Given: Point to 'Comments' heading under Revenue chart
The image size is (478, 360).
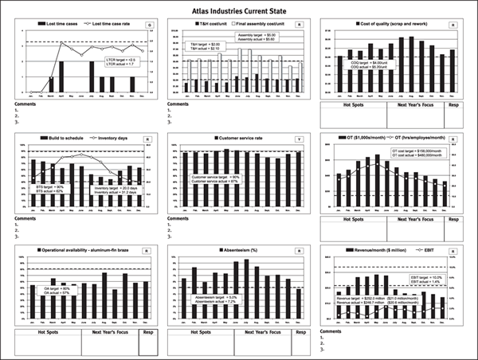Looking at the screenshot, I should (x=331, y=331).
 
